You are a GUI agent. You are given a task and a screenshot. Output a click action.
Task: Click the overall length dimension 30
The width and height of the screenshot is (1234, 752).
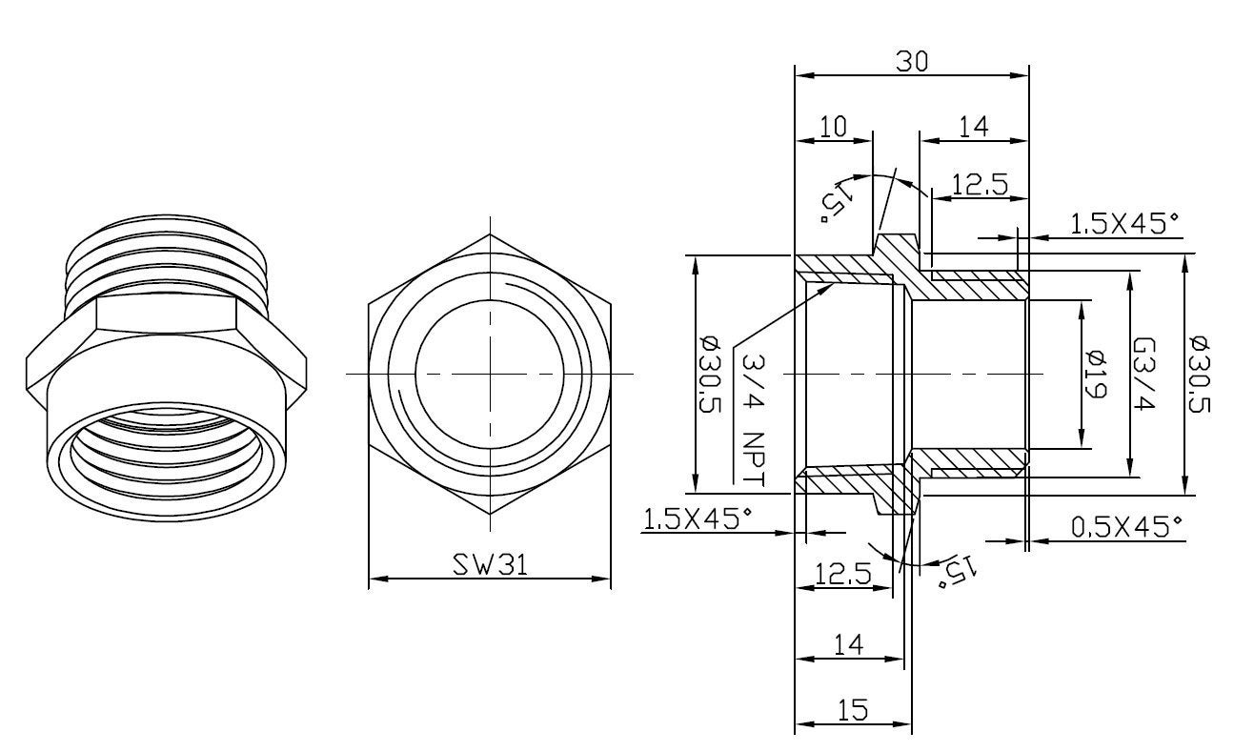click(x=911, y=60)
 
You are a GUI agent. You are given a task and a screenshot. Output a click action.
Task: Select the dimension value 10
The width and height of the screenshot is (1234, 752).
click(x=833, y=127)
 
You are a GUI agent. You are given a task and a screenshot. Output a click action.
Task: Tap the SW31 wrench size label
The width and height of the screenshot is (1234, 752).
click(x=488, y=564)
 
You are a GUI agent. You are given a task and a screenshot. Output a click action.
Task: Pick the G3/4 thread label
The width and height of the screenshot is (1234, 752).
click(x=1146, y=375)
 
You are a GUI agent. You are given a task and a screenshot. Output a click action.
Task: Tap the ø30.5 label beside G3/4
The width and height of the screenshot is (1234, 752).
click(x=1200, y=375)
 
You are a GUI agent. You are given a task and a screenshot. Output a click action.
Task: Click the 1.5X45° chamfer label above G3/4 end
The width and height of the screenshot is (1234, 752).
click(x=1125, y=224)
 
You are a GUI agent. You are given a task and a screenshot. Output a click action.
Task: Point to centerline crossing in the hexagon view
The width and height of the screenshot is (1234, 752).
click(x=490, y=375)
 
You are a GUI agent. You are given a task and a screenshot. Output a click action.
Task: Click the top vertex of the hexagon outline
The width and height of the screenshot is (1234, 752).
click(x=490, y=234)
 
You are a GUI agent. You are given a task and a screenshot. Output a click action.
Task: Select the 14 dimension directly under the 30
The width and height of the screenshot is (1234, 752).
click(x=973, y=127)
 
